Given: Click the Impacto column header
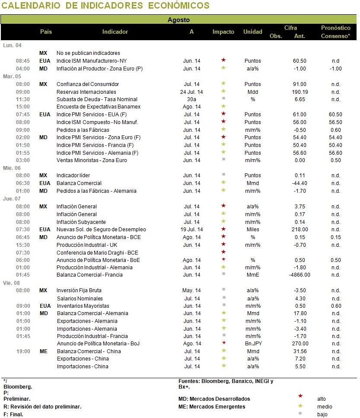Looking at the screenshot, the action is pyautogui.click(x=223, y=32).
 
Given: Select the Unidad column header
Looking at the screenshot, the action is pyautogui.click(x=253, y=32).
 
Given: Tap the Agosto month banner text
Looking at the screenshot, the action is pyautogui.click(x=178, y=20).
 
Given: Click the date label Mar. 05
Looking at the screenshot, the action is pyautogui.click(x=12, y=77).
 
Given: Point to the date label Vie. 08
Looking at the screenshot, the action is pyautogui.click(x=12, y=283).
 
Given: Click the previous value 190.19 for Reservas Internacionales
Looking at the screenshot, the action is pyautogui.click(x=300, y=92).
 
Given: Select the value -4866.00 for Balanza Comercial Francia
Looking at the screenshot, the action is pyautogui.click(x=299, y=275).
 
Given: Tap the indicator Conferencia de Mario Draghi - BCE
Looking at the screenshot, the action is pyautogui.click(x=97, y=253).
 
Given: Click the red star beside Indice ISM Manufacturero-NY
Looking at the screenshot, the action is pyautogui.click(x=223, y=60).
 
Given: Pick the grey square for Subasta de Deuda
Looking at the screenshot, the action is pyautogui.click(x=223, y=99).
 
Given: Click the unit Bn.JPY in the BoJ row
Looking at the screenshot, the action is pyautogui.click(x=253, y=344).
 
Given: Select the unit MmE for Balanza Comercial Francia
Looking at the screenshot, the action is pyautogui.click(x=253, y=275).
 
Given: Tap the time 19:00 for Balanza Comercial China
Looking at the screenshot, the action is pyautogui.click(x=23, y=351).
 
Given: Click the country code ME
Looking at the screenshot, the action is pyautogui.click(x=44, y=351).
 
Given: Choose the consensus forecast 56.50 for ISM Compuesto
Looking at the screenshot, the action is pyautogui.click(x=335, y=122).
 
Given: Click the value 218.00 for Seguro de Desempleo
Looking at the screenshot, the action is pyautogui.click(x=300, y=230).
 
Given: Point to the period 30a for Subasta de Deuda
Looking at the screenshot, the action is pyautogui.click(x=191, y=99).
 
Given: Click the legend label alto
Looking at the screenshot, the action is pyautogui.click(x=322, y=399).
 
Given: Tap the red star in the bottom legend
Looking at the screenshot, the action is pyautogui.click(x=300, y=396).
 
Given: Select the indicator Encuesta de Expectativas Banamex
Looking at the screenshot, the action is pyautogui.click(x=99, y=107).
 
